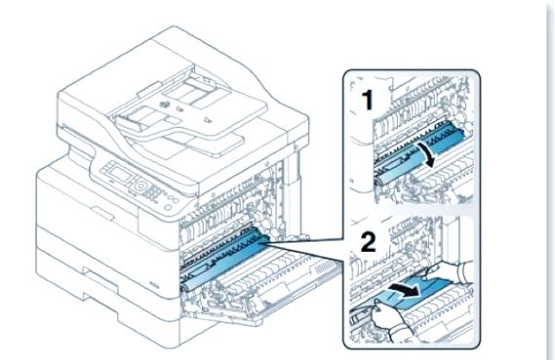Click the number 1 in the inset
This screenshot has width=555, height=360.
tap(368, 100)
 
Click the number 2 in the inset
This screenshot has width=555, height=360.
tap(368, 242)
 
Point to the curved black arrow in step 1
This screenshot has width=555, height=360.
tap(427, 155)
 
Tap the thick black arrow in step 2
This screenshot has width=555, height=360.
tap(403, 289)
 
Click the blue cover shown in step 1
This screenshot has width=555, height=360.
tap(421, 152)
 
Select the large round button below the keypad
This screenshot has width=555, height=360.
tap(140, 185)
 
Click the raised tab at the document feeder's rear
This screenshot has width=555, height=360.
tap(148, 89)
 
